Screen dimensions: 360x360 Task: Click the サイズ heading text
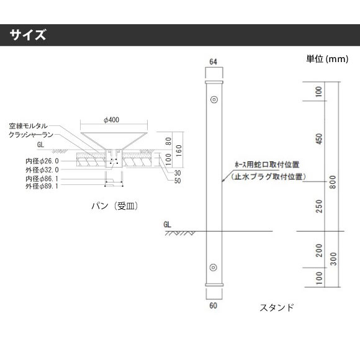click(x=28, y=35)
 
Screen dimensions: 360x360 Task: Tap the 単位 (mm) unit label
click(x=327, y=59)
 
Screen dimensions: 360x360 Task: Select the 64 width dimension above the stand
click(x=213, y=62)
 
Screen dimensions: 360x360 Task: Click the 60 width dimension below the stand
click(x=213, y=305)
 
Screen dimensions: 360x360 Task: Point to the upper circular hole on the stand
click(x=214, y=100)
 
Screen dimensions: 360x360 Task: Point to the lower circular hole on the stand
click(x=214, y=268)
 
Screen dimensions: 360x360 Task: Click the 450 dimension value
click(x=319, y=139)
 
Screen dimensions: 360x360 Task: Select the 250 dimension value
click(x=319, y=206)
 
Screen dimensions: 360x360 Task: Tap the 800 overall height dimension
click(x=333, y=182)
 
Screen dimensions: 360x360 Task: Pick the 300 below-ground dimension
click(x=333, y=259)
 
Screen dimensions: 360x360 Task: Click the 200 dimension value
click(x=319, y=250)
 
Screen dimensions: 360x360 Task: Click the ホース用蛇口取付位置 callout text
click(x=267, y=164)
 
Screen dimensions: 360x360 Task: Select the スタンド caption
click(x=277, y=307)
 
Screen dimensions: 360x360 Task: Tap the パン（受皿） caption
click(x=115, y=206)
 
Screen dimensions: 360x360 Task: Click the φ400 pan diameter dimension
click(x=112, y=120)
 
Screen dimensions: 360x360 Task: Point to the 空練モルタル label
click(x=28, y=126)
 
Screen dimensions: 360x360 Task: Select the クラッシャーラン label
click(x=31, y=135)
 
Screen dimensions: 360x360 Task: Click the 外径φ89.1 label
click(x=42, y=186)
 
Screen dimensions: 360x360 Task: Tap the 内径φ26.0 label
click(x=42, y=161)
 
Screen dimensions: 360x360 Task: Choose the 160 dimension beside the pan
click(x=179, y=150)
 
